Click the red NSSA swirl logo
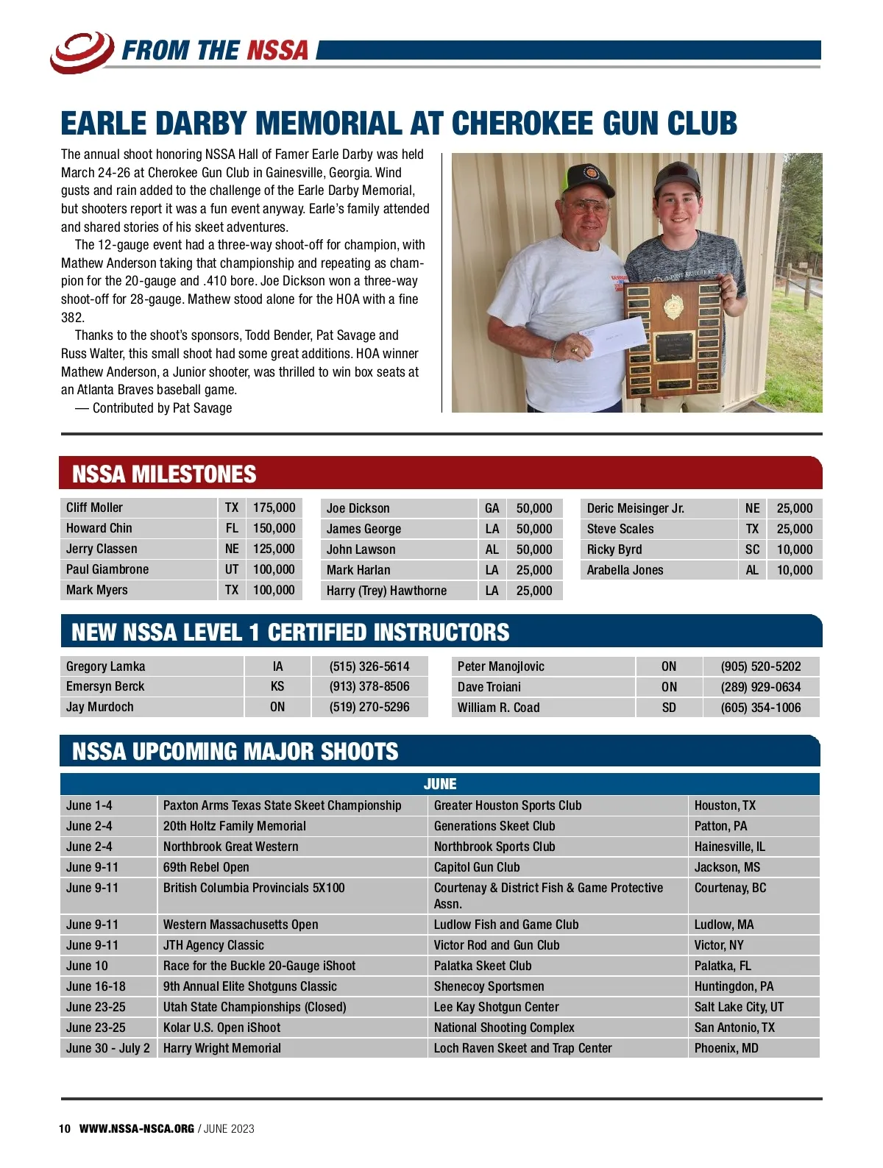point(81,51)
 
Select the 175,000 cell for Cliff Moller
point(274,508)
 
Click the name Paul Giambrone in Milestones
point(107,569)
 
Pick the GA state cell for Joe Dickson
point(492,508)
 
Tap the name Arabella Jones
point(625,570)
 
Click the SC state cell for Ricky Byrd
point(752,549)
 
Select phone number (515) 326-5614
point(369,666)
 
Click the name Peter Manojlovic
point(500,666)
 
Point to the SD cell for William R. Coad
point(668,708)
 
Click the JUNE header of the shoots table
point(440,784)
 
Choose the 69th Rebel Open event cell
point(206,867)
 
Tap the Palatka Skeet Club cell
point(483,966)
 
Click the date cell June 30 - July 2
point(108,1048)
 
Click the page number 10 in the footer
point(65,1128)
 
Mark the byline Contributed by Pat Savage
point(155,408)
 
